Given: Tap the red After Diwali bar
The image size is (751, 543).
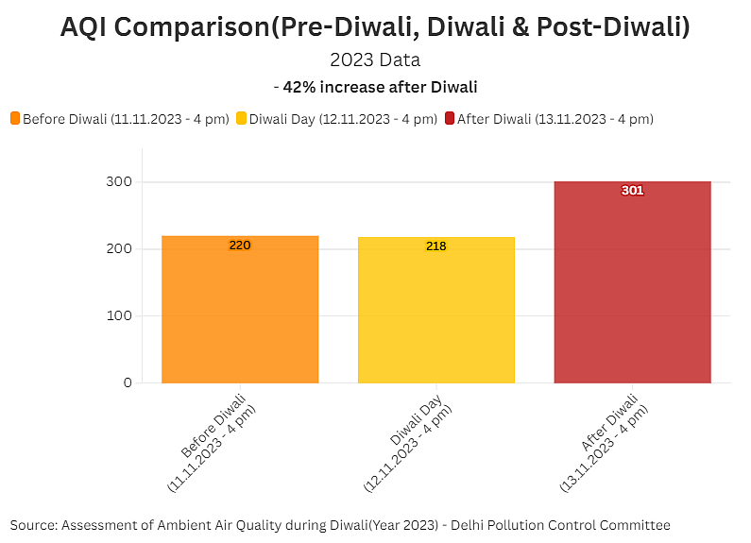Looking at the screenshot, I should click(632, 282).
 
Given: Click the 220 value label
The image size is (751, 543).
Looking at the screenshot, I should click(240, 246).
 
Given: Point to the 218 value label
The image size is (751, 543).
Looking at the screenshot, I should click(436, 246).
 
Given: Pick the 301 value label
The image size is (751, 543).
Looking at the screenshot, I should click(632, 191).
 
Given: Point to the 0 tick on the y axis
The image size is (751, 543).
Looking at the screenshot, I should click(127, 382).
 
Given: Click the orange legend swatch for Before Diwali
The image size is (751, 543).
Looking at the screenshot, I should click(15, 119).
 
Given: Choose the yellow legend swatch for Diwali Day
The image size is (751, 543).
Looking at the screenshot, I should click(241, 119).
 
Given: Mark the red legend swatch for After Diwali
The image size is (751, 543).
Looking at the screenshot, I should click(450, 119).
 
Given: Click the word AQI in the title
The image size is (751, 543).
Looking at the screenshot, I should click(90, 27).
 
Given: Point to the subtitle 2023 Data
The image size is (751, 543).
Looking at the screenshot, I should click(375, 59).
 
